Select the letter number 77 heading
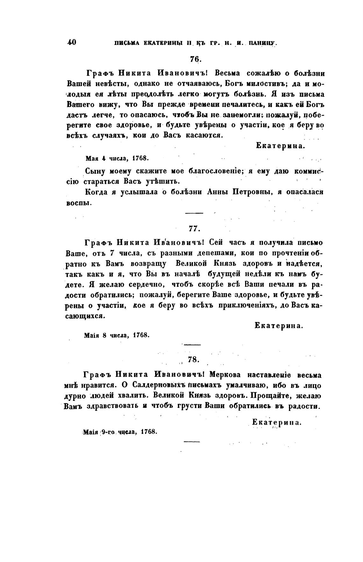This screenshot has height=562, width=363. (194, 228)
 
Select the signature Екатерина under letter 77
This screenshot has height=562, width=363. (278, 326)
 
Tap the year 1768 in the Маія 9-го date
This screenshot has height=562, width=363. (149, 432)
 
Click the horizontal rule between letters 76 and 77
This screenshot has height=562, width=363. (194, 213)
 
